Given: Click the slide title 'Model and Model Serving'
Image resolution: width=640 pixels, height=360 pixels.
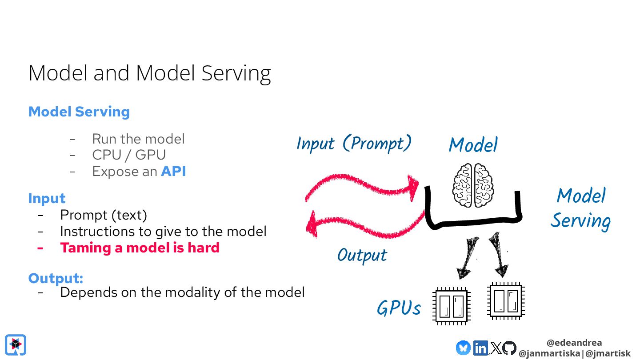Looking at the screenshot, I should pyautogui.click(x=149, y=73).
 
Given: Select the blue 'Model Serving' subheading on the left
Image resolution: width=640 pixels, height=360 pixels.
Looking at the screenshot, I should pyautogui.click(x=79, y=112).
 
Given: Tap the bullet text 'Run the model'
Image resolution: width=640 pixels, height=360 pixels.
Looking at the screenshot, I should pyautogui.click(x=138, y=139).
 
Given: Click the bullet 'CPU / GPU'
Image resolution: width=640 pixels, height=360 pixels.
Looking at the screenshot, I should pyautogui.click(x=129, y=155).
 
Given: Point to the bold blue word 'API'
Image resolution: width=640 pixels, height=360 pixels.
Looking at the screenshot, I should pyautogui.click(x=173, y=172).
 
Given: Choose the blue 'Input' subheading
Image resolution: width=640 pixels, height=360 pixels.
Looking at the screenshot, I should pyautogui.click(x=47, y=198).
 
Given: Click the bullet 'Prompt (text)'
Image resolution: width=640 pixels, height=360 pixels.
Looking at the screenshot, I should pyautogui.click(x=104, y=215).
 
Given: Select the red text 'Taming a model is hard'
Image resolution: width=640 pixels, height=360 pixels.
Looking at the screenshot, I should pyautogui.click(x=140, y=248).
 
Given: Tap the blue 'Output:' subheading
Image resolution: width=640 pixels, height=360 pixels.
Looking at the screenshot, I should pyautogui.click(x=56, y=278).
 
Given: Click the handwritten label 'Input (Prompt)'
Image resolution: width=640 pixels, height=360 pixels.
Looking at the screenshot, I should pyautogui.click(x=354, y=143).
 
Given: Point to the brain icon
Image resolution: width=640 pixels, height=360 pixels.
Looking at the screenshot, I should pyautogui.click(x=473, y=185).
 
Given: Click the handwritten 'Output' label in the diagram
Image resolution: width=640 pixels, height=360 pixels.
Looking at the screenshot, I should pyautogui.click(x=362, y=255).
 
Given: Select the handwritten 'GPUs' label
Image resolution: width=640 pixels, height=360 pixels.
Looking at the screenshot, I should pyautogui.click(x=399, y=308).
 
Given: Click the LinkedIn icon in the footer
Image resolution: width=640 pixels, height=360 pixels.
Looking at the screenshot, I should pyautogui.click(x=480, y=348).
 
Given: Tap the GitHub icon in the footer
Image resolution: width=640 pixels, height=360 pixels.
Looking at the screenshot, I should pyautogui.click(x=509, y=348).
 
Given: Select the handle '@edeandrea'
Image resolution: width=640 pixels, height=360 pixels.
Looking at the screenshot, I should pyautogui.click(x=574, y=343).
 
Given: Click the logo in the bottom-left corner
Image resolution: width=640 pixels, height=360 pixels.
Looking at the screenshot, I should pyautogui.click(x=16, y=345).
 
